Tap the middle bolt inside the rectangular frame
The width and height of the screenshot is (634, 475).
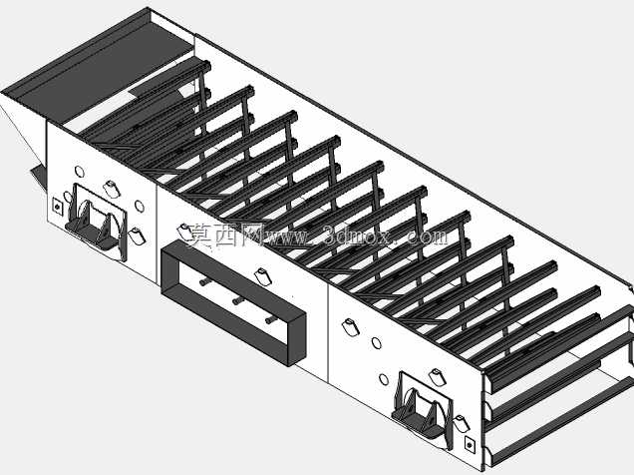(237, 301)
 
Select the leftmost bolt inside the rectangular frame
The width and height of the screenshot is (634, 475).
(205, 281)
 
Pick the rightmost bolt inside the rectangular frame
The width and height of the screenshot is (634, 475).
(271, 320)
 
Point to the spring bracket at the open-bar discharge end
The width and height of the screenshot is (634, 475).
(423, 409)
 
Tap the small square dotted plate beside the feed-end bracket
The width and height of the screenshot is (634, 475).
(58, 207)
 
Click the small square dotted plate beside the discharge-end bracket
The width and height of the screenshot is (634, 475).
(470, 445)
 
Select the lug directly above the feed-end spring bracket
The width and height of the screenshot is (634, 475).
(112, 190)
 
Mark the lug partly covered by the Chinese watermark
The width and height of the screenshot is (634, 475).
(185, 233)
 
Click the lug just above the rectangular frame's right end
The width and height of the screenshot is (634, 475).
(263, 276)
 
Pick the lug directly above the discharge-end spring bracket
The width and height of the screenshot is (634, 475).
(438, 377)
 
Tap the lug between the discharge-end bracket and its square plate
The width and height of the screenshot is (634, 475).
(461, 423)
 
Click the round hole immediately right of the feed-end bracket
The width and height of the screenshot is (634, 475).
(140, 206)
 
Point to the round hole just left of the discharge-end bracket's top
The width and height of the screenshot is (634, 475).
(384, 379)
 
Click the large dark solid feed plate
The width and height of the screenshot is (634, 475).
(101, 69)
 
